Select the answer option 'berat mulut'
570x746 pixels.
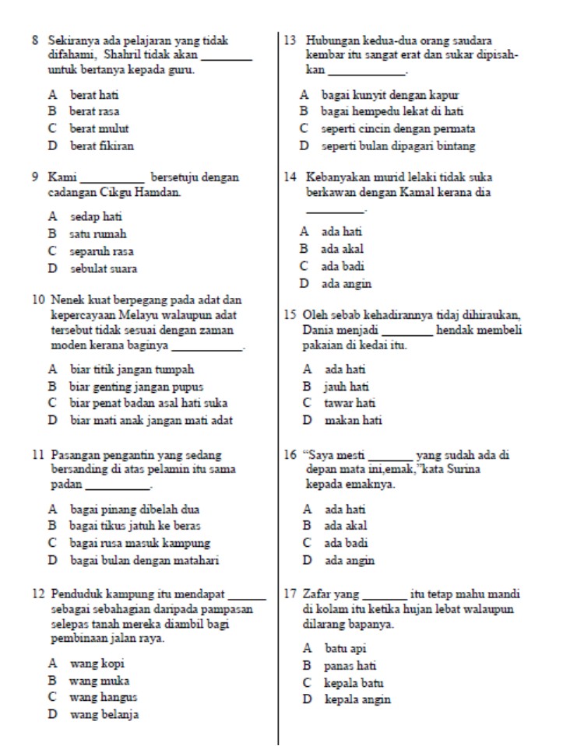coord(99,128)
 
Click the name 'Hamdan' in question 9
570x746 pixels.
coord(162,191)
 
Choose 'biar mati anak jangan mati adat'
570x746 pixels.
coord(152,421)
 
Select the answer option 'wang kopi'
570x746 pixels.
coord(97,664)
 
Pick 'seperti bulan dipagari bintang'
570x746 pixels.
coord(398,145)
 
